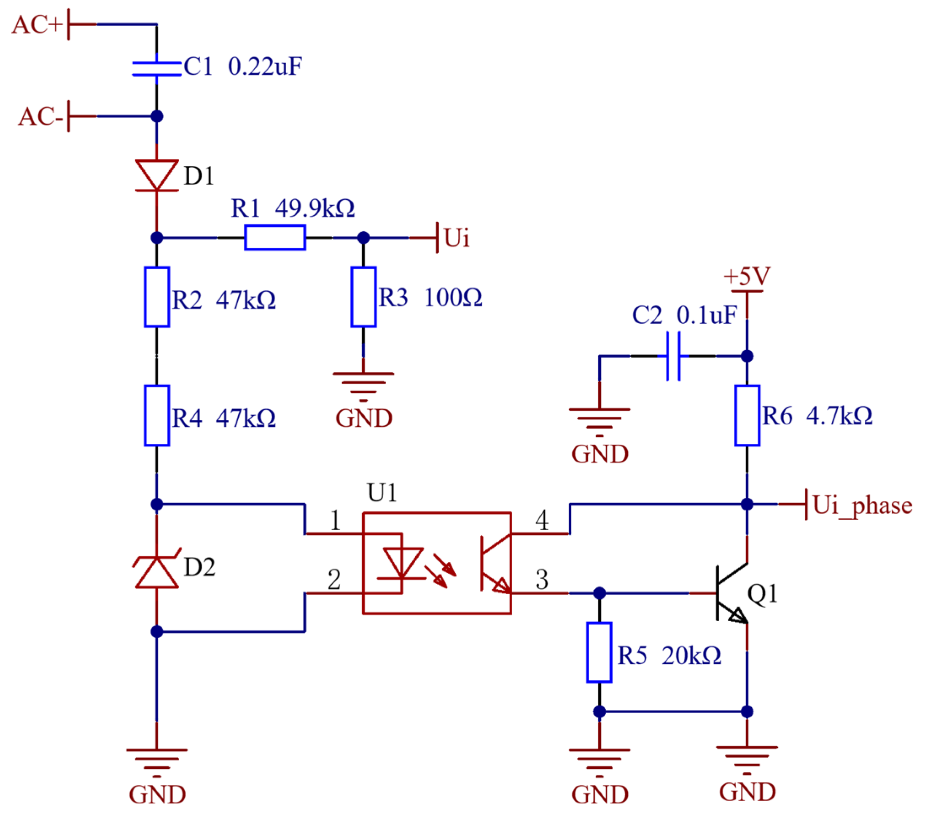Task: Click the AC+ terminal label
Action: pyautogui.click(x=37, y=24)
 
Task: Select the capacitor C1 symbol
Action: pyautogui.click(x=156, y=69)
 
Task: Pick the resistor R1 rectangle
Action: pyautogui.click(x=275, y=237)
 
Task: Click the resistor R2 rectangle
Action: pyautogui.click(x=156, y=297)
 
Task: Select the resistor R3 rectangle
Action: pyautogui.click(x=363, y=297)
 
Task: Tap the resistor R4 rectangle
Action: pyautogui.click(x=156, y=416)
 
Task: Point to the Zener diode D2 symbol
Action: pyautogui.click(x=156, y=573)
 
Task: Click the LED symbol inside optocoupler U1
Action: pyautogui.click(x=402, y=564)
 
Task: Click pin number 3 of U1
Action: pyautogui.click(x=542, y=580)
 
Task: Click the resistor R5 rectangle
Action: pyautogui.click(x=599, y=652)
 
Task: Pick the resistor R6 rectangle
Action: pyautogui.click(x=747, y=416)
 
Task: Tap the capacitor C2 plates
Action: pyautogui.click(x=673, y=356)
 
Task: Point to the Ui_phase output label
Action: pyautogui.click(x=862, y=505)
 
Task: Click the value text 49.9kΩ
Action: pyautogui.click(x=315, y=209)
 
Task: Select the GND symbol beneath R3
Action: pyautogui.click(x=363, y=387)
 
